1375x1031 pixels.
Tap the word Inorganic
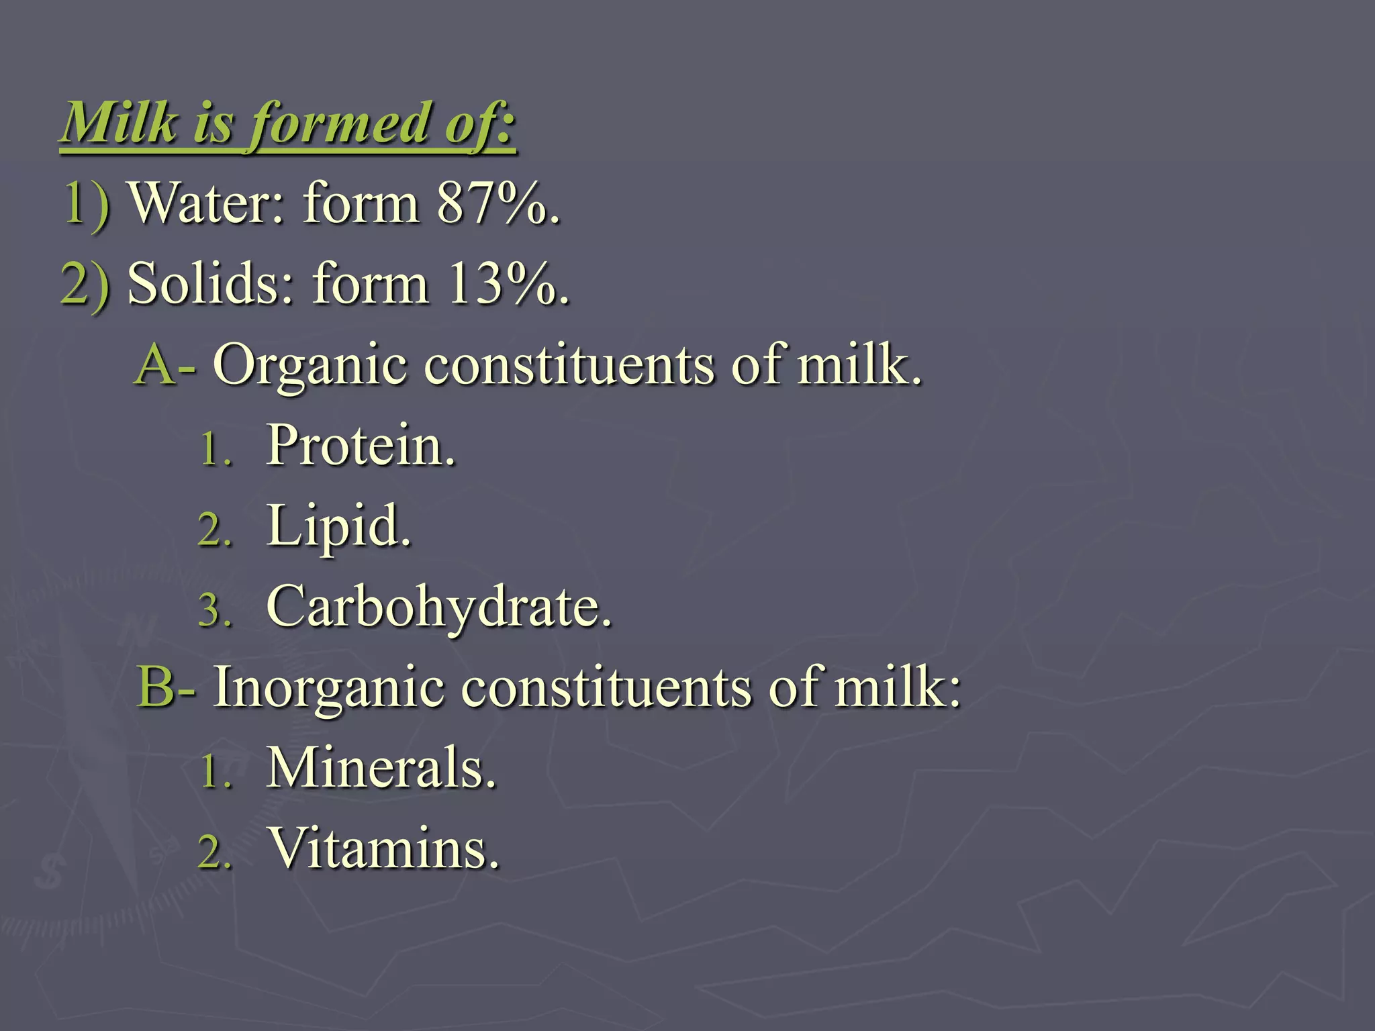(x=329, y=687)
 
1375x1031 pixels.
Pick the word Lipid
(x=338, y=527)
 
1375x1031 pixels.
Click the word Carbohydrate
(x=439, y=607)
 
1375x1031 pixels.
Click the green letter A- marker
(x=165, y=366)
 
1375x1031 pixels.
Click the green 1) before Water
(x=86, y=204)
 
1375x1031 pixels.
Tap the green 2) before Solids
(x=85, y=285)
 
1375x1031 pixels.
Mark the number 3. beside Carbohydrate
(x=215, y=611)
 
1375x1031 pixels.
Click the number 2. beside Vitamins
(x=215, y=852)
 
